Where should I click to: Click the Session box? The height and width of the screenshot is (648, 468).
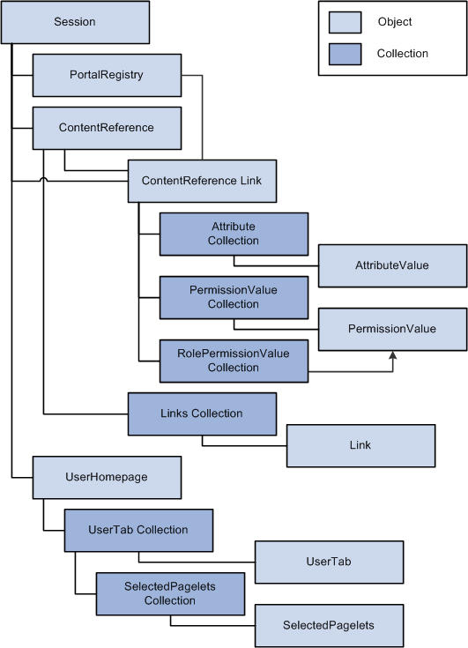tap(75, 22)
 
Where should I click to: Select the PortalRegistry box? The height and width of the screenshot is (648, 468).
tap(107, 75)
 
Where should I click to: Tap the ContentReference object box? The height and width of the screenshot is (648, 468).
tap(107, 128)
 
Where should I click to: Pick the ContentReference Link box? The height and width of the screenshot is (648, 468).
tap(202, 181)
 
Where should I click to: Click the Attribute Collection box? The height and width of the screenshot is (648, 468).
tap(234, 234)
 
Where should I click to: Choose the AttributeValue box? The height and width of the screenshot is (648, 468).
tap(392, 265)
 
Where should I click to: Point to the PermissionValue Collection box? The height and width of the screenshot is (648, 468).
tap(234, 298)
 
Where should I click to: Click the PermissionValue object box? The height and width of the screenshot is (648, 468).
tap(392, 330)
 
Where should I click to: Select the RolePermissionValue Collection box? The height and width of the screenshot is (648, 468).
tap(234, 361)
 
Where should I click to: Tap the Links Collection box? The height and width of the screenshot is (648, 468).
tap(202, 414)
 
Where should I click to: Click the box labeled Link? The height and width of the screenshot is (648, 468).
tap(360, 446)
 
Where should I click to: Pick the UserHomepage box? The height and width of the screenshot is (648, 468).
tap(107, 478)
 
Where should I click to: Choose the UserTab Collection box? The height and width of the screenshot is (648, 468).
tap(138, 531)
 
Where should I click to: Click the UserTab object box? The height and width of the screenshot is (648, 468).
tap(330, 562)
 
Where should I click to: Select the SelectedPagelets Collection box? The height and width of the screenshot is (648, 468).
tap(170, 594)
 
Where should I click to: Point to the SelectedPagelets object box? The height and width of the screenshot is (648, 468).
tap(330, 626)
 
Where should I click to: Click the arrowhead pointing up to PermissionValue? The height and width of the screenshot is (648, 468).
tap(393, 355)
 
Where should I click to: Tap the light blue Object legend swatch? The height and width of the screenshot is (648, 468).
tap(345, 22)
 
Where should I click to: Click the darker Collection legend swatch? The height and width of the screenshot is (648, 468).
tap(345, 54)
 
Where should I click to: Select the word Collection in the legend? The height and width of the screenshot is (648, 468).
tap(402, 54)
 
